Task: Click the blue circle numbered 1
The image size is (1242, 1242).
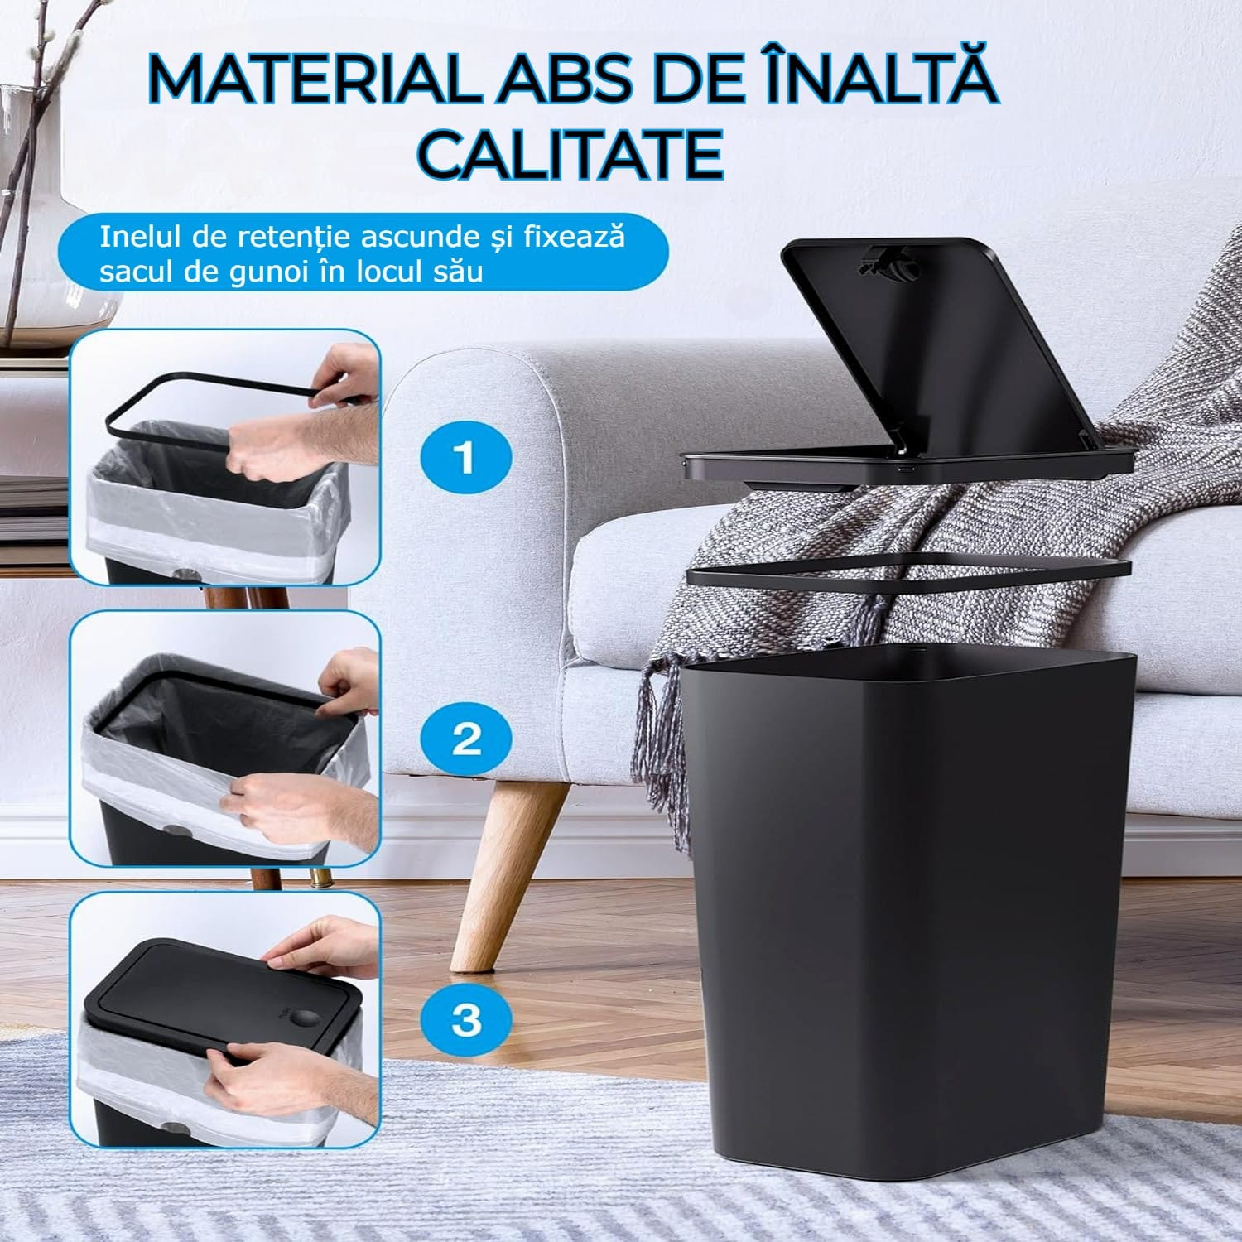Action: pos(466,457)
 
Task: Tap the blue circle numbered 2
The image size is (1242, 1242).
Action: pos(466,737)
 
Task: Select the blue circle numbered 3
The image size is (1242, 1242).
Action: pos(466,1018)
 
